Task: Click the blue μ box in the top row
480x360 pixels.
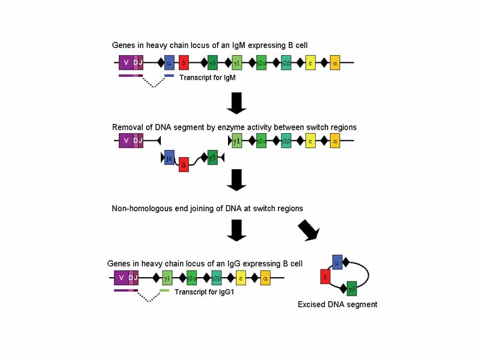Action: [169, 62]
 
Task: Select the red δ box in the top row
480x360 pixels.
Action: [184, 62]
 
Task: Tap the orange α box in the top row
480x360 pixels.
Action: [335, 62]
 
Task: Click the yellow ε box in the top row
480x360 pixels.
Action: [310, 62]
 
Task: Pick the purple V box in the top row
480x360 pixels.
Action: [126, 62]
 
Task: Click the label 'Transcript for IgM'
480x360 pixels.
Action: [208, 77]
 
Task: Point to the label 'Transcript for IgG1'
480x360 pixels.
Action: [204, 292]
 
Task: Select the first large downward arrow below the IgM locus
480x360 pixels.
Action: [237, 103]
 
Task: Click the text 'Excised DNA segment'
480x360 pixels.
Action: [337, 305]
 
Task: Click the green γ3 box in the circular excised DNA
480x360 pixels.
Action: [352, 288]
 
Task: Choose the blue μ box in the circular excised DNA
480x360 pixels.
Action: [337, 262]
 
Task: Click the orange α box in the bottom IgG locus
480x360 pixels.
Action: [265, 278]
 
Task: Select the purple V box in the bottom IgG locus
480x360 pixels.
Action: [121, 278]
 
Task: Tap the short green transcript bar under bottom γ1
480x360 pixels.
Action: [164, 290]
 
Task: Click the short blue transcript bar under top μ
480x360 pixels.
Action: [169, 76]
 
